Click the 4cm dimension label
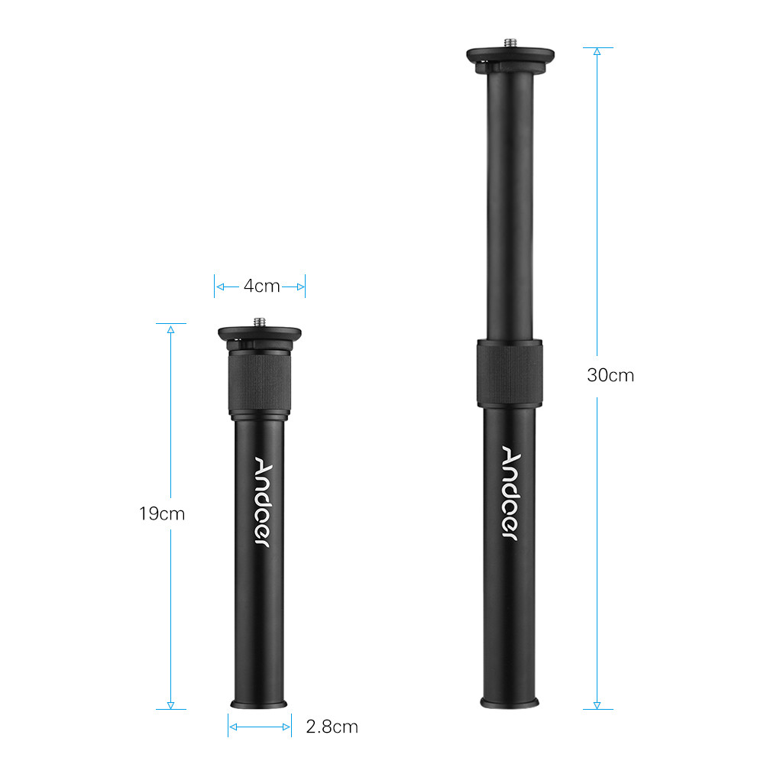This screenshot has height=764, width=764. pos(261,286)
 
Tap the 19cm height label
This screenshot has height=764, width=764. pos(162,513)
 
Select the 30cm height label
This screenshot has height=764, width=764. pos(610,375)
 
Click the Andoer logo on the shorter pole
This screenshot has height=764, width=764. pos(261,501)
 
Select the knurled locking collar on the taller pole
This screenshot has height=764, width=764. pos(510,371)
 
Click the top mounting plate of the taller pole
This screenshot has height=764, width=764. pos(510,55)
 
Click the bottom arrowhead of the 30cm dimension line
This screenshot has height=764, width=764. pos(597,704)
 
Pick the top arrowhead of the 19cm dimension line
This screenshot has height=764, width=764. pos(171,329)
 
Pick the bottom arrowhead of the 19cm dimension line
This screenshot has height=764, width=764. pos(171,704)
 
